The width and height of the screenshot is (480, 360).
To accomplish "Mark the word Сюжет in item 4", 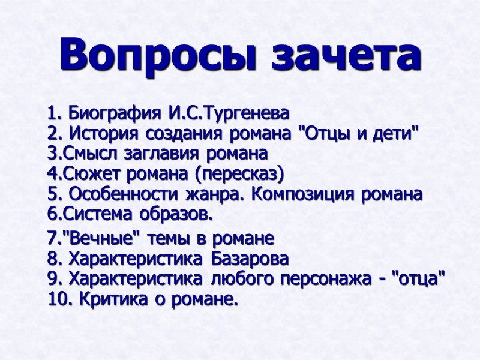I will tap(80, 174).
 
